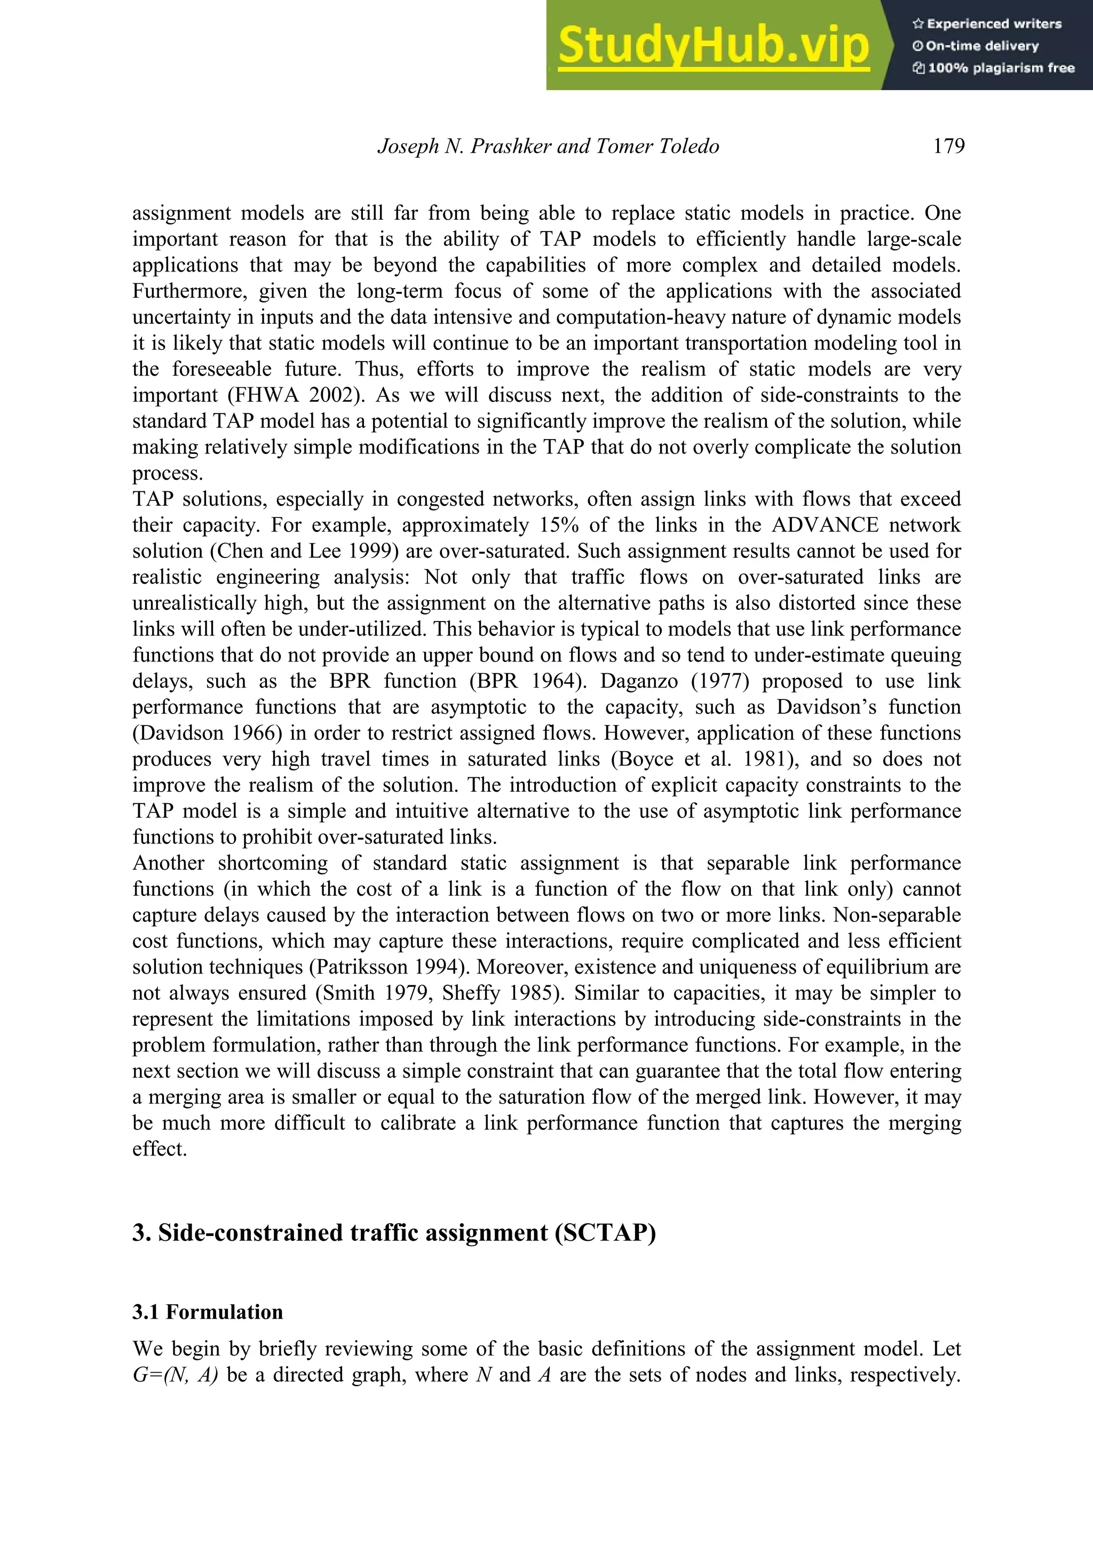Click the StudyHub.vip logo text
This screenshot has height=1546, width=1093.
click(x=713, y=45)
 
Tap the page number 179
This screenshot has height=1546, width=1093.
click(x=948, y=146)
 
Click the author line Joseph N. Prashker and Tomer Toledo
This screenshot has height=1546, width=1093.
click(x=548, y=146)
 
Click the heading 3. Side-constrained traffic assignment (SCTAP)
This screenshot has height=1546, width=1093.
click(x=394, y=1233)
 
